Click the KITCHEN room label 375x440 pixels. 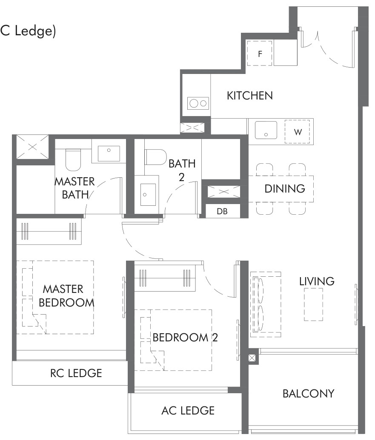pyautogui.click(x=250, y=96)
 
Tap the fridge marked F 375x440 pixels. pyautogui.click(x=260, y=53)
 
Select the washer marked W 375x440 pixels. pyautogui.click(x=297, y=132)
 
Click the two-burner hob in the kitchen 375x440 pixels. pyautogui.click(x=198, y=103)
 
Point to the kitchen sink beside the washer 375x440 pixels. pyautogui.click(x=266, y=130)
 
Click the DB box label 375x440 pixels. pyautogui.click(x=222, y=211)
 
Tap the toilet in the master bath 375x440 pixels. pyautogui.click(x=73, y=159)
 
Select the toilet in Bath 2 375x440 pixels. pyautogui.click(x=156, y=157)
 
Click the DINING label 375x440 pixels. pyautogui.click(x=285, y=189)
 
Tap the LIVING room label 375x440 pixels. pyautogui.click(x=317, y=281)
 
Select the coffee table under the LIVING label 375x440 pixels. pyautogui.click(x=313, y=304)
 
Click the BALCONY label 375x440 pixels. pyautogui.click(x=309, y=393)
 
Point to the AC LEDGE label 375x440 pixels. pyautogui.click(x=188, y=411)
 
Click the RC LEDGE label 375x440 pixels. pyautogui.click(x=76, y=373)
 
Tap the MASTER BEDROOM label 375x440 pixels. pyautogui.click(x=66, y=296)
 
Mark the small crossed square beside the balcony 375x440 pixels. pyautogui.click(x=252, y=358)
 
